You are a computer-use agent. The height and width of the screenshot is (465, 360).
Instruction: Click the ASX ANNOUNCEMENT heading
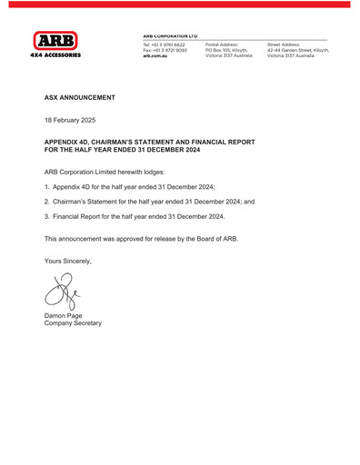[80, 96]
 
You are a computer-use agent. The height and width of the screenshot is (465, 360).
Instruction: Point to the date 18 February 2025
[75, 120]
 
